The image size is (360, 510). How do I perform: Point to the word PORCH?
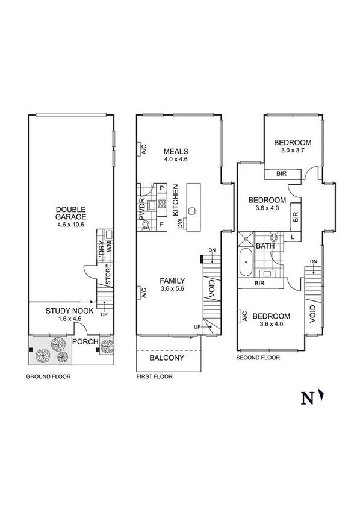point(84,342)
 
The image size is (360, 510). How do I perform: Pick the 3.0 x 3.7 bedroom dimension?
point(293,151)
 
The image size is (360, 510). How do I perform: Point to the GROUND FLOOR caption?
point(48,377)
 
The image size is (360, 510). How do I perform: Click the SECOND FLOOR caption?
point(258,357)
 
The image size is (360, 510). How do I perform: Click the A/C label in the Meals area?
point(144,150)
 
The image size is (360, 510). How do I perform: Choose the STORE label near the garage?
point(108,275)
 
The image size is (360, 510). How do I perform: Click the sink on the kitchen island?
point(193,211)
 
